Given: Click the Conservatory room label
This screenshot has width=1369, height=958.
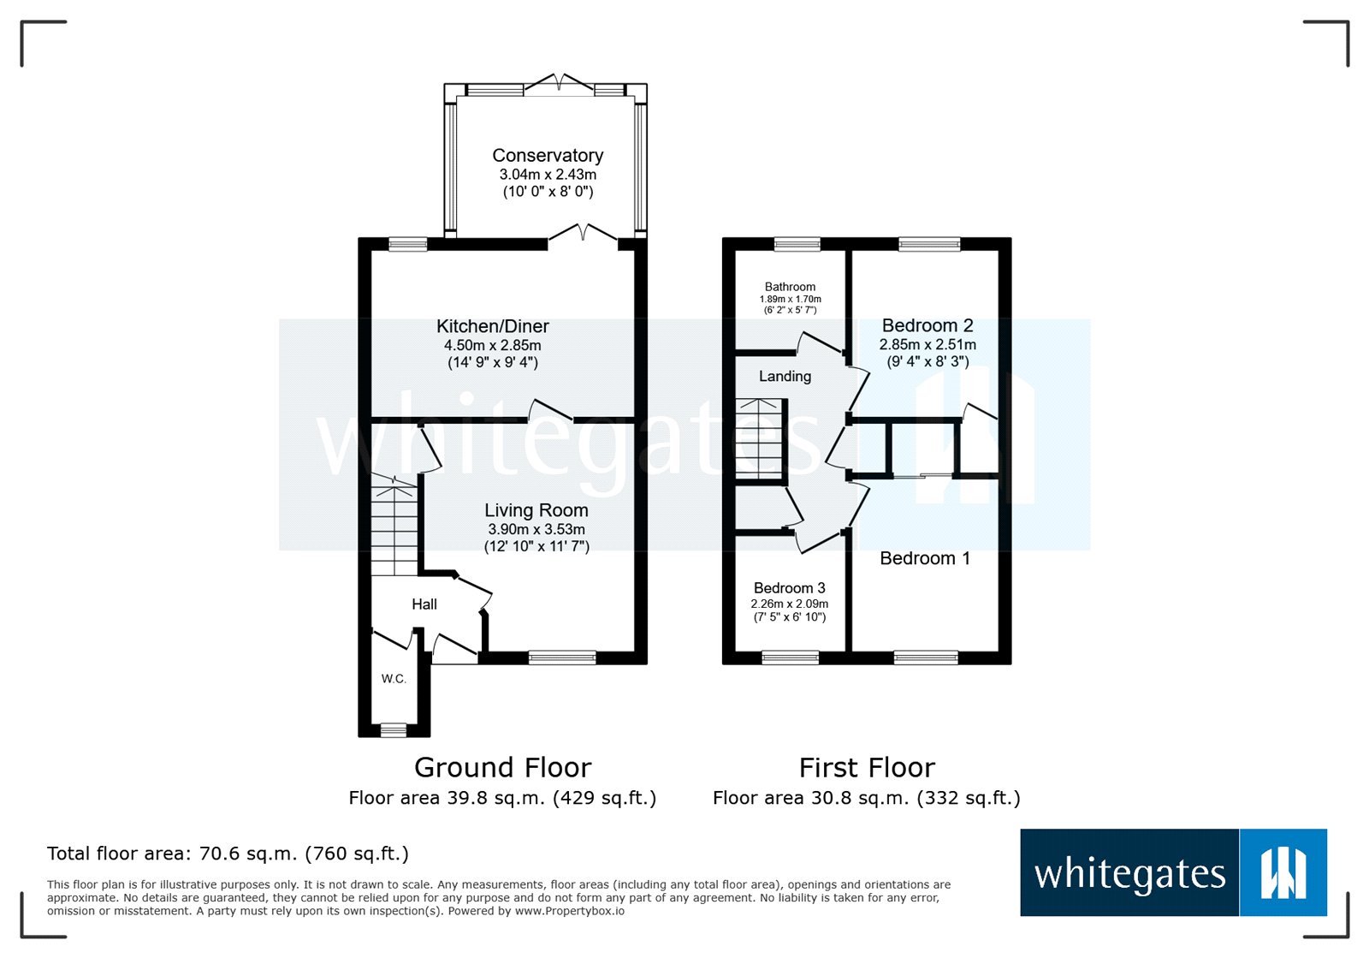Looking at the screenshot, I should pos(548,155).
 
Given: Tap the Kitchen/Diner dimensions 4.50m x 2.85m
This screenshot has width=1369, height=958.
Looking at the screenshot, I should pos(492,345).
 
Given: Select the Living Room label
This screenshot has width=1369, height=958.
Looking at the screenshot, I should pos(536,510).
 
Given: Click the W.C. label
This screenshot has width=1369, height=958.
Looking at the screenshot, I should pos(394,679).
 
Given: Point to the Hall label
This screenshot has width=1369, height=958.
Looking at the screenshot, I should pos(424,604).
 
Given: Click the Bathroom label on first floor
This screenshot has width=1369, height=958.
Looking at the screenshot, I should pos(790,287).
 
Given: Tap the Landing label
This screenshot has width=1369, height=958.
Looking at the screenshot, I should pos(785,377).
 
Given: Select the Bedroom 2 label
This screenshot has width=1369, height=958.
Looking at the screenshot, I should pos(927,325).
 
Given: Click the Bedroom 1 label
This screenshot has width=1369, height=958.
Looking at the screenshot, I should pos(925,558).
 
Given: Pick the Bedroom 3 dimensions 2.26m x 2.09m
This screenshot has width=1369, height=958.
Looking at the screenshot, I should pos(789,604).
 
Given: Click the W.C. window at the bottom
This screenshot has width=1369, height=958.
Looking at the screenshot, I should pos(394,729).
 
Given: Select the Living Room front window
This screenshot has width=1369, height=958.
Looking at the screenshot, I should pos(562,658).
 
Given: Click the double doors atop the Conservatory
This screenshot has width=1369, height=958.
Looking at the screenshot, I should pos(559,84).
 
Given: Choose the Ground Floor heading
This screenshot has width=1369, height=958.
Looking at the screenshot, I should pos(502,767).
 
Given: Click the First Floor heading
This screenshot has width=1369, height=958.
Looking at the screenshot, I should pos(867,767).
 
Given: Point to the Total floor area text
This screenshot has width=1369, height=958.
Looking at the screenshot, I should pos(228,854).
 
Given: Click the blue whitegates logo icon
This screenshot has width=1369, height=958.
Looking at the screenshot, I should pos(1283,872).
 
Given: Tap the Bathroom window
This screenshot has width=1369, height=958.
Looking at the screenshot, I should pos(797,244).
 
